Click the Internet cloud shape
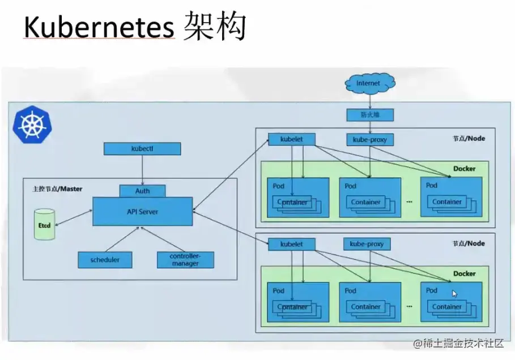(370, 83)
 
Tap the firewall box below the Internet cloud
(369, 114)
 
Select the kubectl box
(142, 149)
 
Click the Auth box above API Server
(142, 191)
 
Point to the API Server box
(142, 212)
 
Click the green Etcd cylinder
(43, 224)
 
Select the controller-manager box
(185, 260)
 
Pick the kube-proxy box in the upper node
(369, 139)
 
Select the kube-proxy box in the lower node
(367, 244)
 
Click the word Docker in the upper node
(464, 168)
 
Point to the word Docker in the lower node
(464, 273)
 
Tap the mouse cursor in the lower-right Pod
(454, 293)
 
